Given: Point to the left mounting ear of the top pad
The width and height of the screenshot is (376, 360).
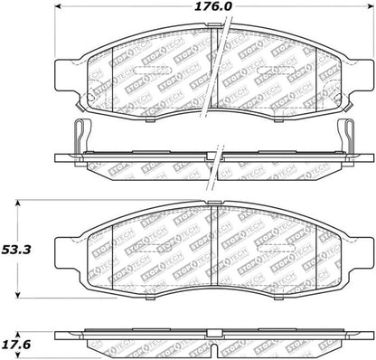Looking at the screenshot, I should click(x=66, y=71).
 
